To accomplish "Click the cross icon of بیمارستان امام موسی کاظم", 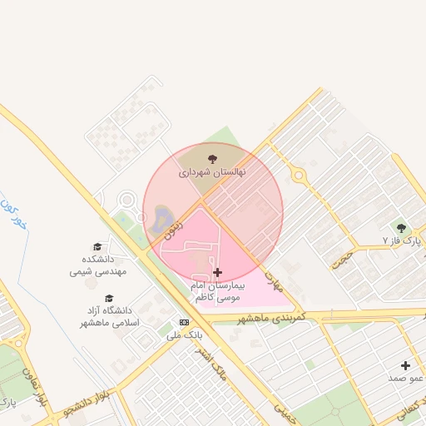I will (x=218, y=272).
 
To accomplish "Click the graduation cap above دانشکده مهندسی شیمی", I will (x=97, y=247).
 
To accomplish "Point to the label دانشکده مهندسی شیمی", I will (x=97, y=265).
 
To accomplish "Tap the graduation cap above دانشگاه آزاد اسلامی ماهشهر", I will (x=108, y=298).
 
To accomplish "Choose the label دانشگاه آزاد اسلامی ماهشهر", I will (x=108, y=317).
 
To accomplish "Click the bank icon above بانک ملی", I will (x=184, y=322).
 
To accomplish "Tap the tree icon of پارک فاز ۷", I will (x=403, y=226).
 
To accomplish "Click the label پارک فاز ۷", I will (x=397, y=240).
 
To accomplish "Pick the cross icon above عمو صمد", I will (x=406, y=364).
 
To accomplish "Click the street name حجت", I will (x=339, y=258).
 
